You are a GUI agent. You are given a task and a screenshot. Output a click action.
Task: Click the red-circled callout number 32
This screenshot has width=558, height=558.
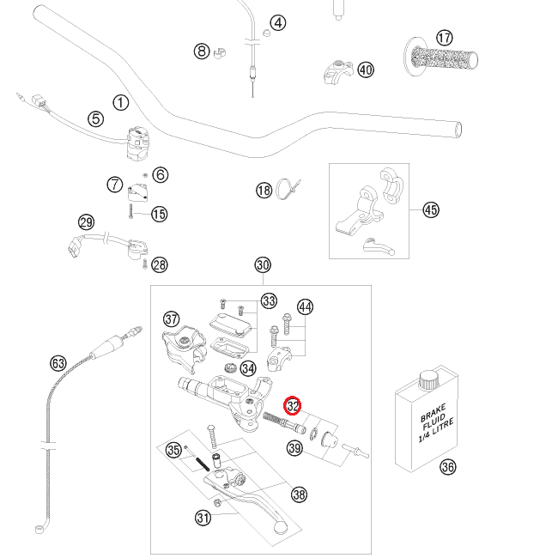click(x=293, y=405)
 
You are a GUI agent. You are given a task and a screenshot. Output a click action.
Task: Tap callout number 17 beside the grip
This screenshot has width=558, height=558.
click(x=444, y=38)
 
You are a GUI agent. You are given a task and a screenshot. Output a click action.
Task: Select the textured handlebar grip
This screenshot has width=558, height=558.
click(x=447, y=60)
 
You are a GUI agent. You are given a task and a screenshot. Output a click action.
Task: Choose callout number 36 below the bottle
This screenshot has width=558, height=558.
click(x=447, y=467)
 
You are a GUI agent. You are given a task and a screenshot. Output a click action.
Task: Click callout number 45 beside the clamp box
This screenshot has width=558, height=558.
click(x=430, y=209)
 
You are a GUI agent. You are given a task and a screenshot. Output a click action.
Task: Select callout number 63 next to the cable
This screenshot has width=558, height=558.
click(x=58, y=363)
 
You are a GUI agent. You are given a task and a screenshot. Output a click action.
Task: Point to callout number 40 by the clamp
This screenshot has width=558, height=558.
click(x=366, y=70)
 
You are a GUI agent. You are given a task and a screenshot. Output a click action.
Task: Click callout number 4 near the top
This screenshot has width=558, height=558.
click(x=278, y=22)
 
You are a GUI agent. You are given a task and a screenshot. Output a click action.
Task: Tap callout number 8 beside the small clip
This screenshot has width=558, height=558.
click(x=202, y=52)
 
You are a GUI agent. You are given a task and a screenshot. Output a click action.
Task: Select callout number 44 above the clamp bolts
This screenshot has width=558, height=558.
click(x=305, y=306)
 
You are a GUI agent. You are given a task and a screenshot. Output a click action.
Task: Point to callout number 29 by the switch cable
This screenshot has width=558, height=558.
click(x=86, y=222)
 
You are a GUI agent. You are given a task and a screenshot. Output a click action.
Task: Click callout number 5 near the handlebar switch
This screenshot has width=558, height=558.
click(x=95, y=119)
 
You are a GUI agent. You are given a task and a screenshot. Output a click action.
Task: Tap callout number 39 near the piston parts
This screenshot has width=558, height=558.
click(x=294, y=448)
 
